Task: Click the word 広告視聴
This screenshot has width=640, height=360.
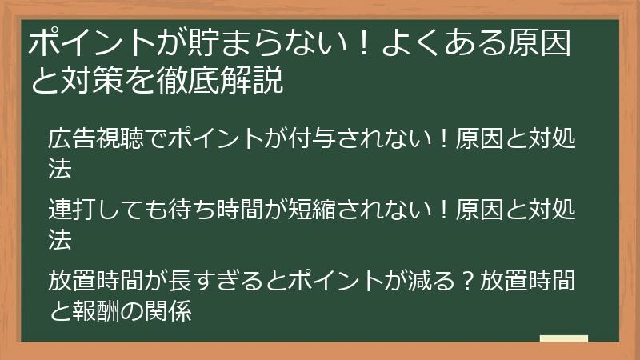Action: (96, 140)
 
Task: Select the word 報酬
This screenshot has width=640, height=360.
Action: (96, 310)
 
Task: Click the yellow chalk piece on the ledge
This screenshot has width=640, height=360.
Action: (563, 338)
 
